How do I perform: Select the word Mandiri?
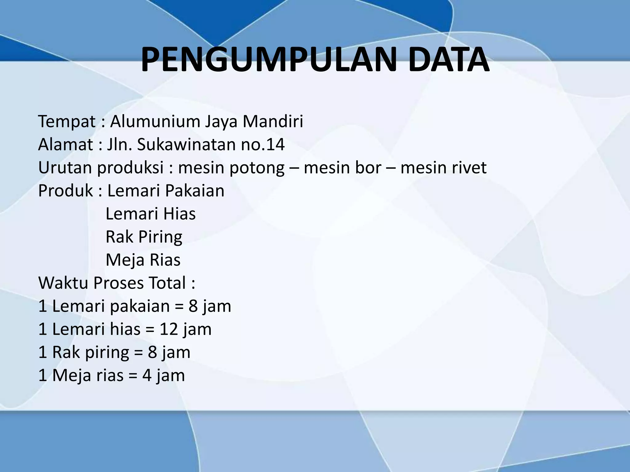point(273,121)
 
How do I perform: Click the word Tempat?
point(66,121)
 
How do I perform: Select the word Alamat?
point(66,144)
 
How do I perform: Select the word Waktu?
point(63,283)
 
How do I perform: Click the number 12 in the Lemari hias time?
point(169,329)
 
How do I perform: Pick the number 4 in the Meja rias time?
point(147,375)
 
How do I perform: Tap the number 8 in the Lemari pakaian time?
point(193,306)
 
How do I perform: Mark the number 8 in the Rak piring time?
point(153,352)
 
